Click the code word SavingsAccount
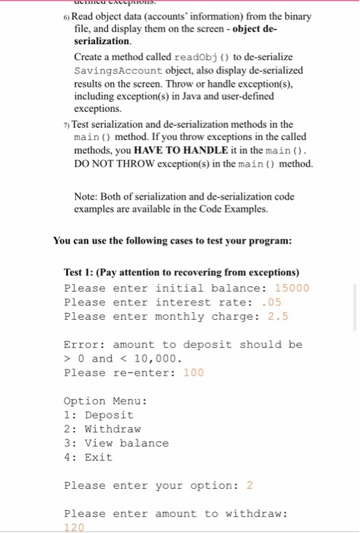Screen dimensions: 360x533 [114, 70]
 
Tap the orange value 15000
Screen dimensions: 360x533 [292, 288]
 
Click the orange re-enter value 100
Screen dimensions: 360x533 [193, 372]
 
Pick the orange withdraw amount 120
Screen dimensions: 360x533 [75, 527]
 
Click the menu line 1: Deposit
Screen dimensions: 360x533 [98, 415]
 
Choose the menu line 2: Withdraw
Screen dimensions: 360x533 [102, 429]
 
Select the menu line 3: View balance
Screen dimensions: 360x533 [116, 443]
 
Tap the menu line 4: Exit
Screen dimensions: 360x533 [88, 457]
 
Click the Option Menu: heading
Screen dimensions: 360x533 [105, 401]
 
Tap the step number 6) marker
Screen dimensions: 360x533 [66, 17]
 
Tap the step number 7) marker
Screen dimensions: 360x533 [66, 124]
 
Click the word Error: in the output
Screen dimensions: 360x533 [84, 344]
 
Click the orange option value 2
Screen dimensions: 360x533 [250, 485]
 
